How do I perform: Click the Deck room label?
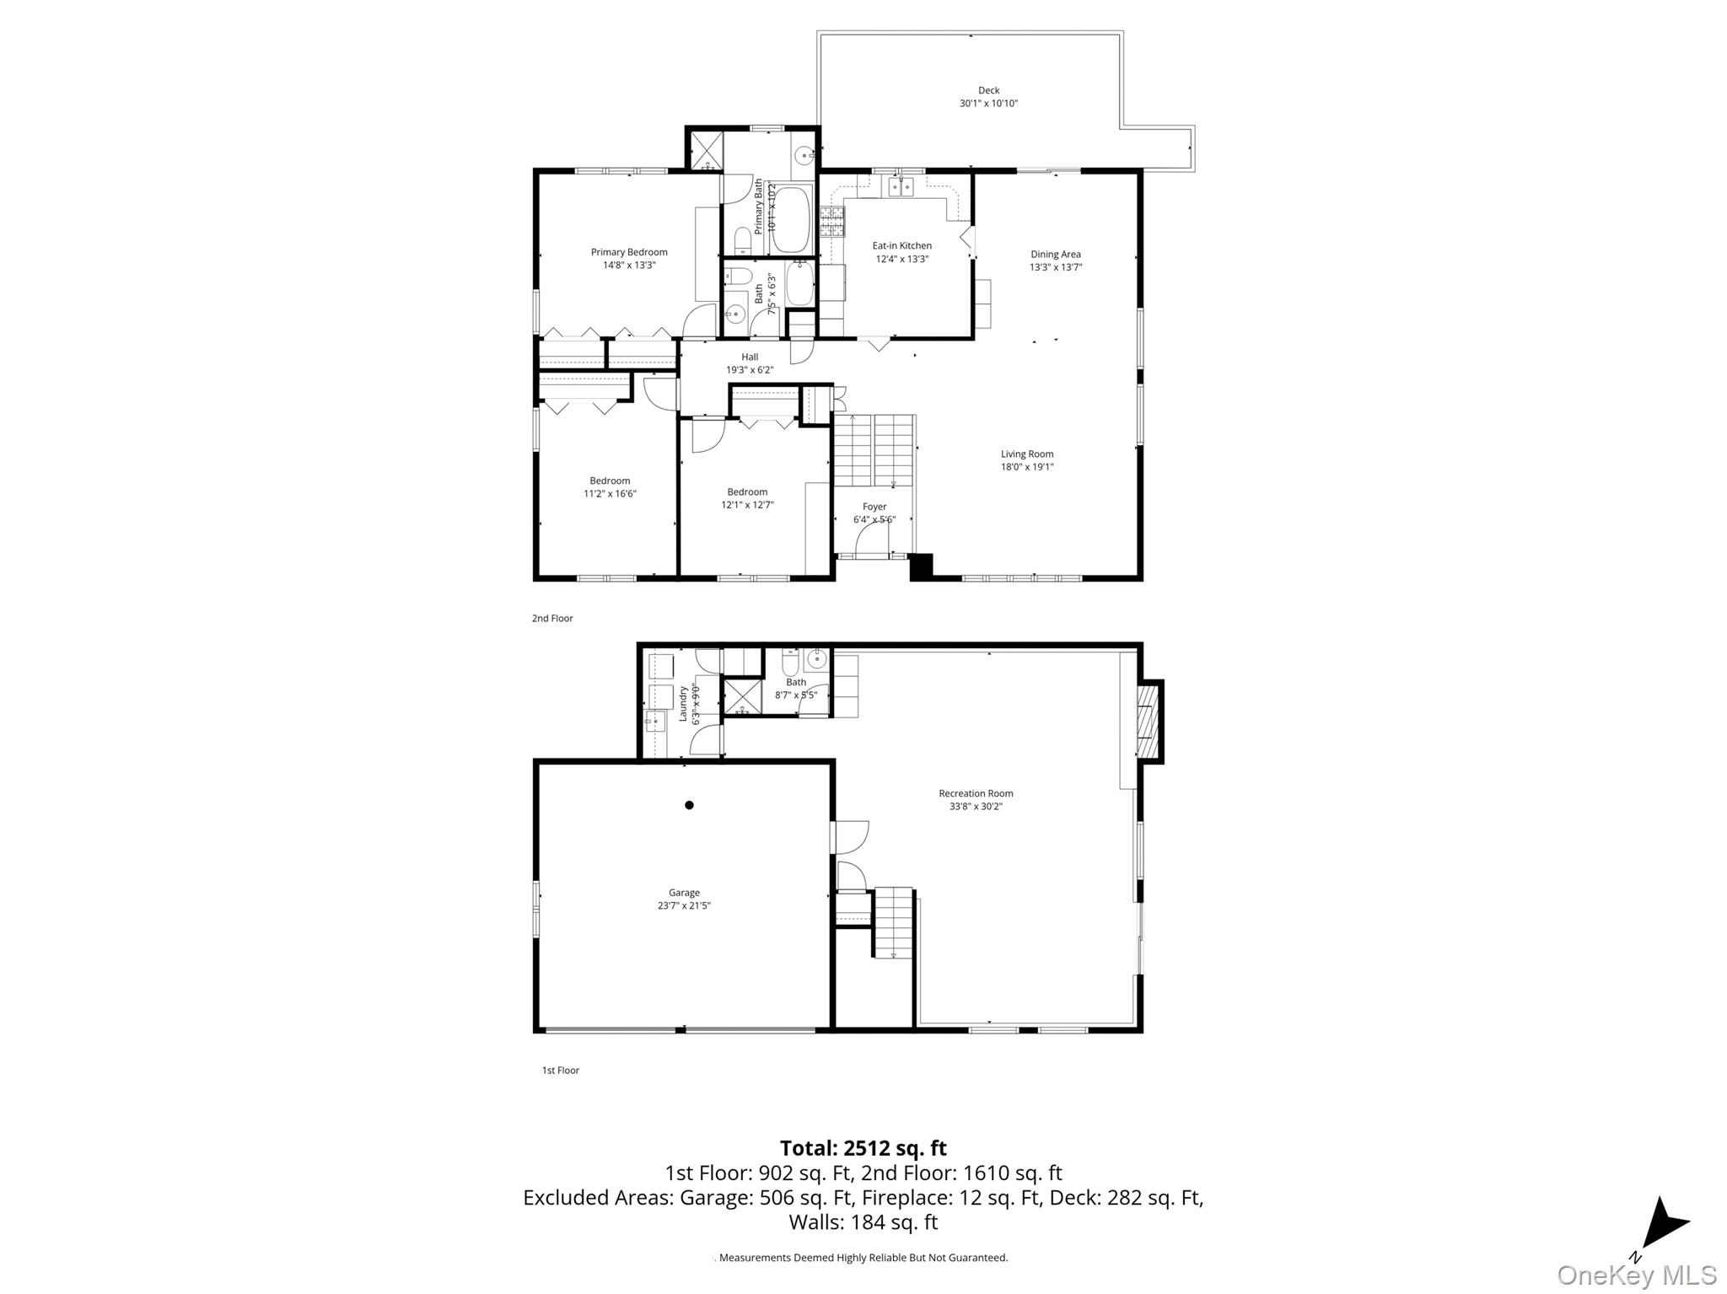988,90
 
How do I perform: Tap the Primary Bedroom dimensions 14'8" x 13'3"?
628,265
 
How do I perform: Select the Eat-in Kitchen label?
901,246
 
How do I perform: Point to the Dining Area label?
1055,255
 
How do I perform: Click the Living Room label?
1026,454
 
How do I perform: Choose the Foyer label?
874,507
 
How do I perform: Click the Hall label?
750,357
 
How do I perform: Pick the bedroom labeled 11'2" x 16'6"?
610,487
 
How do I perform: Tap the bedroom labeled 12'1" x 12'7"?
747,498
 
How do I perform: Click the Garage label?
684,893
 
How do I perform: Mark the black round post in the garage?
689,805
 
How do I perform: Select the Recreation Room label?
976,793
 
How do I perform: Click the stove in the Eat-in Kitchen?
832,222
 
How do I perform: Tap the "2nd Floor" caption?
552,619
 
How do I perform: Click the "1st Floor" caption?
560,1071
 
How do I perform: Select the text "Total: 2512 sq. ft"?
863,1148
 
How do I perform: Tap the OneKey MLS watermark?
1636,1275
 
